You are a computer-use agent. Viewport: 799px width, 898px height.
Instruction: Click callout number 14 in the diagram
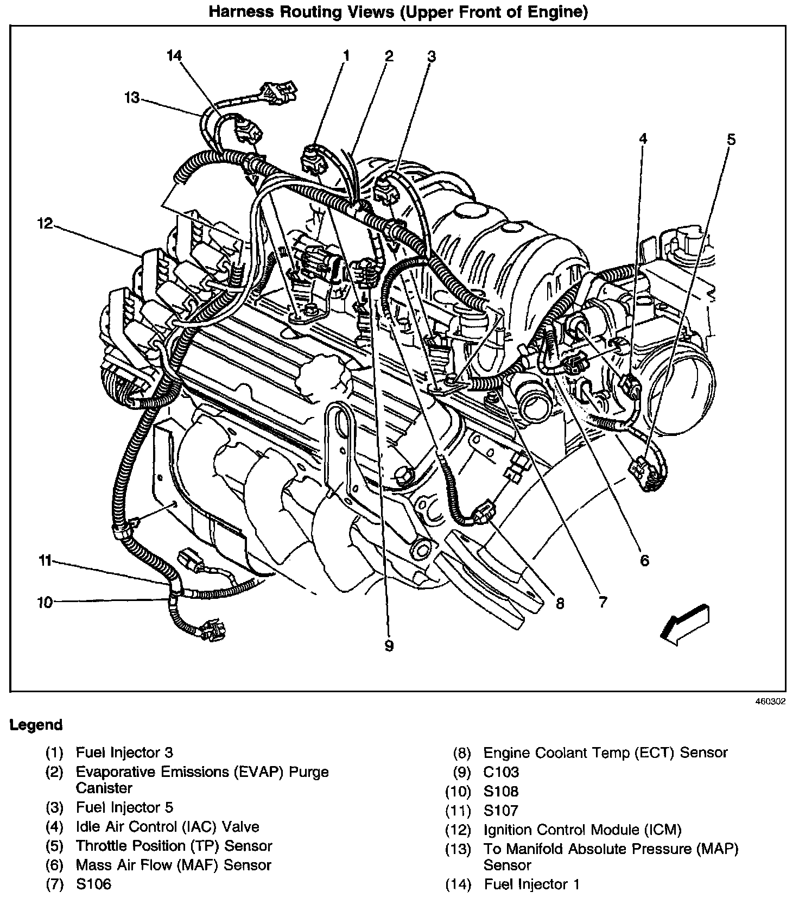pos(174,55)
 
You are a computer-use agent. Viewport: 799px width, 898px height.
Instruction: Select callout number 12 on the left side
pos(45,223)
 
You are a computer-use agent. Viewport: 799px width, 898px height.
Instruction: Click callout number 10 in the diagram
pos(45,602)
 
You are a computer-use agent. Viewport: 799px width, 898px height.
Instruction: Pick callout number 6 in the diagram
pos(644,560)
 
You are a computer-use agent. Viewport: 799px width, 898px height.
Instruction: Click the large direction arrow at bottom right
pos(685,625)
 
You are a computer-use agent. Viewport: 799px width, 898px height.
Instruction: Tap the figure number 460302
pos(770,701)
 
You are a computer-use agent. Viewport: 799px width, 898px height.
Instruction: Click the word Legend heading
pos(36,725)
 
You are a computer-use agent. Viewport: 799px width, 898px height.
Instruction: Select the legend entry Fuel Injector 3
pos(124,752)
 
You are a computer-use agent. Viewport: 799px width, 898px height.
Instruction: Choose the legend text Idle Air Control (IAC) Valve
pos(167,827)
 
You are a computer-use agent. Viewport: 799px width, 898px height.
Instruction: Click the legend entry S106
pos(93,884)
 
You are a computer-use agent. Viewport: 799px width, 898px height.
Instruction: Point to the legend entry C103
pos(501,771)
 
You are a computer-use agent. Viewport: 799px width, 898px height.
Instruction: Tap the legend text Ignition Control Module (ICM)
pos(582,830)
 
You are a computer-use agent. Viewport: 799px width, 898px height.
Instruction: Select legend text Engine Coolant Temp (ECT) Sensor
pos(605,752)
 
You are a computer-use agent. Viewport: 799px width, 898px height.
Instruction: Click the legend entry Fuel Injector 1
pos(532,884)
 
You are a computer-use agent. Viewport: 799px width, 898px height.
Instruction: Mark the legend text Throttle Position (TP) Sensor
pos(174,846)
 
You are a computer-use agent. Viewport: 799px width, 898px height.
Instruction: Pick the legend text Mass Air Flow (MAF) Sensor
pos(173,865)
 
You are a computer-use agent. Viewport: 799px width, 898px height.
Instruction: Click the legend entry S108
pos(501,791)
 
